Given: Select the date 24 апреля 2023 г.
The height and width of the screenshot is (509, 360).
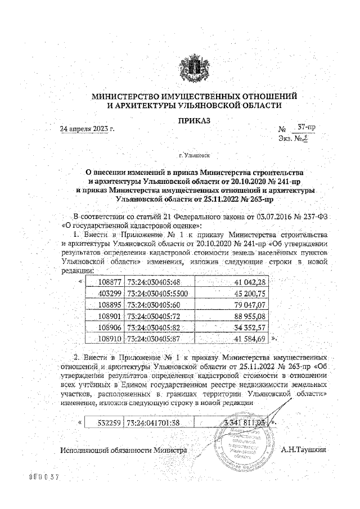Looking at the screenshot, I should [87, 129].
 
